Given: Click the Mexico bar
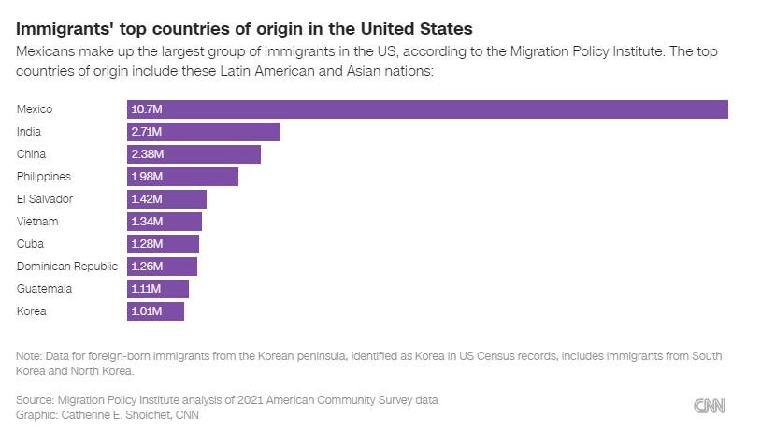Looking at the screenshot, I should click(427, 109).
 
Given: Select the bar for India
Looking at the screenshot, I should click(203, 132).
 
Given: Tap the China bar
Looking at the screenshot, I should click(194, 154).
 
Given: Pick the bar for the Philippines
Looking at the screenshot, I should click(182, 177).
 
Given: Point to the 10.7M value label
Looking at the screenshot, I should click(147, 109).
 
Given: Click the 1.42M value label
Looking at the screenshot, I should click(148, 199).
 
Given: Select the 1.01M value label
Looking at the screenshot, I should click(147, 311).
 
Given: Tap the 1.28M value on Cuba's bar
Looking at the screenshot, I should click(148, 244).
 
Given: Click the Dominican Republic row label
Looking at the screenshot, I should click(67, 267).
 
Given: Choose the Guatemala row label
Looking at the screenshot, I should click(44, 289).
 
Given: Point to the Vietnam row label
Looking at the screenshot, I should click(37, 222).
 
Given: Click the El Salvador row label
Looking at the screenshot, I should click(45, 199).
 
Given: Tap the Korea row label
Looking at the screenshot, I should click(32, 311).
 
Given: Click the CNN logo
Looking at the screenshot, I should click(710, 406).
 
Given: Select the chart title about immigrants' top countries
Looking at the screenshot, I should click(244, 28).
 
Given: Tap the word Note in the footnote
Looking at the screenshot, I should click(29, 356).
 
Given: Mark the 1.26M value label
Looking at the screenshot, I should click(148, 267).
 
